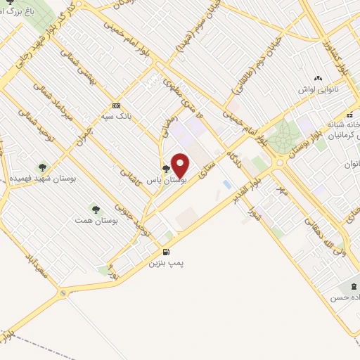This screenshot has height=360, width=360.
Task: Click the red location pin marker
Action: coord(180,166)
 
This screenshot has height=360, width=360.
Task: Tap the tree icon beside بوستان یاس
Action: coord(166,169)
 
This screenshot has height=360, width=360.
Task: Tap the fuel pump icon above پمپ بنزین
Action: coord(166,252)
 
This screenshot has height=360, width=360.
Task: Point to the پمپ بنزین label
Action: coord(166,263)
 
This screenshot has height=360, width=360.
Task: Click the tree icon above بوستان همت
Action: coord(95,210)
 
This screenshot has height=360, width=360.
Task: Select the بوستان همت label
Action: coord(94,221)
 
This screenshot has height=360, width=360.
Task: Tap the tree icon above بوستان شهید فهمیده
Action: coord(42,167)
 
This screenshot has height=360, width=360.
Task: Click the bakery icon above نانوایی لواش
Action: coord(319,78)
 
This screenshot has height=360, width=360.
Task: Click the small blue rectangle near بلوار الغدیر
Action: coord(226,184)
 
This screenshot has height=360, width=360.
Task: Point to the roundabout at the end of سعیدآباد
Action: coord(63,293)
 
